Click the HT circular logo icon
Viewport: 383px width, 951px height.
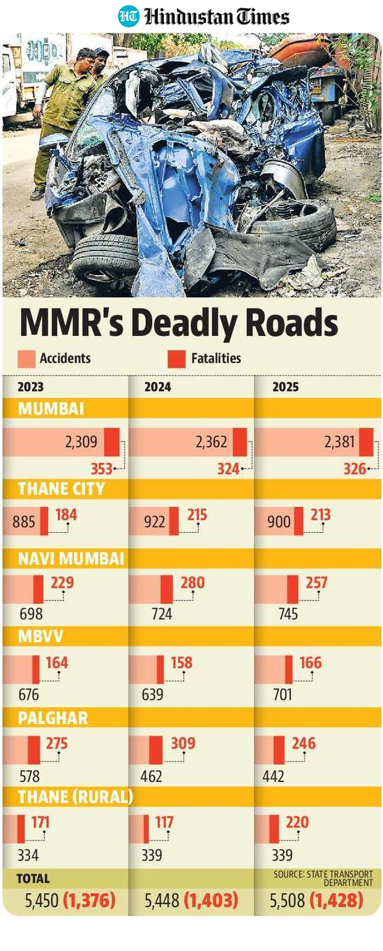[128, 16]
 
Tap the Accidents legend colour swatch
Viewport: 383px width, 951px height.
[27, 359]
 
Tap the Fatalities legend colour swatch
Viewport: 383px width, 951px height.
[177, 359]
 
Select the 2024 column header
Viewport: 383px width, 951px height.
[158, 387]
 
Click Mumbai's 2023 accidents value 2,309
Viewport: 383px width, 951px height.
[81, 442]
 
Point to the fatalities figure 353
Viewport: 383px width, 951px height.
[101, 469]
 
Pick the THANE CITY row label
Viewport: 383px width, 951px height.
[61, 489]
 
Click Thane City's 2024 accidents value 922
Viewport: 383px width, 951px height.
[154, 522]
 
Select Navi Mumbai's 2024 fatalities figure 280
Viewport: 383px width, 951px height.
[193, 582]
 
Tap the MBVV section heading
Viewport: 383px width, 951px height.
[40, 636]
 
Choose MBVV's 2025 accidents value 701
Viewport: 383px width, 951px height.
[283, 695]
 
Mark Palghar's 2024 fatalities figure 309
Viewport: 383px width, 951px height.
[183, 744]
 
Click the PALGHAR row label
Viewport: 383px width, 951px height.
[52, 718]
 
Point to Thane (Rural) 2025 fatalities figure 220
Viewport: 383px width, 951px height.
[297, 823]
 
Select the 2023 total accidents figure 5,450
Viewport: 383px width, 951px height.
[42, 900]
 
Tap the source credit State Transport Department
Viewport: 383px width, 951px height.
[323, 878]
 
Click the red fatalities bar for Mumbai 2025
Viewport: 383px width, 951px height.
[366, 442]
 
